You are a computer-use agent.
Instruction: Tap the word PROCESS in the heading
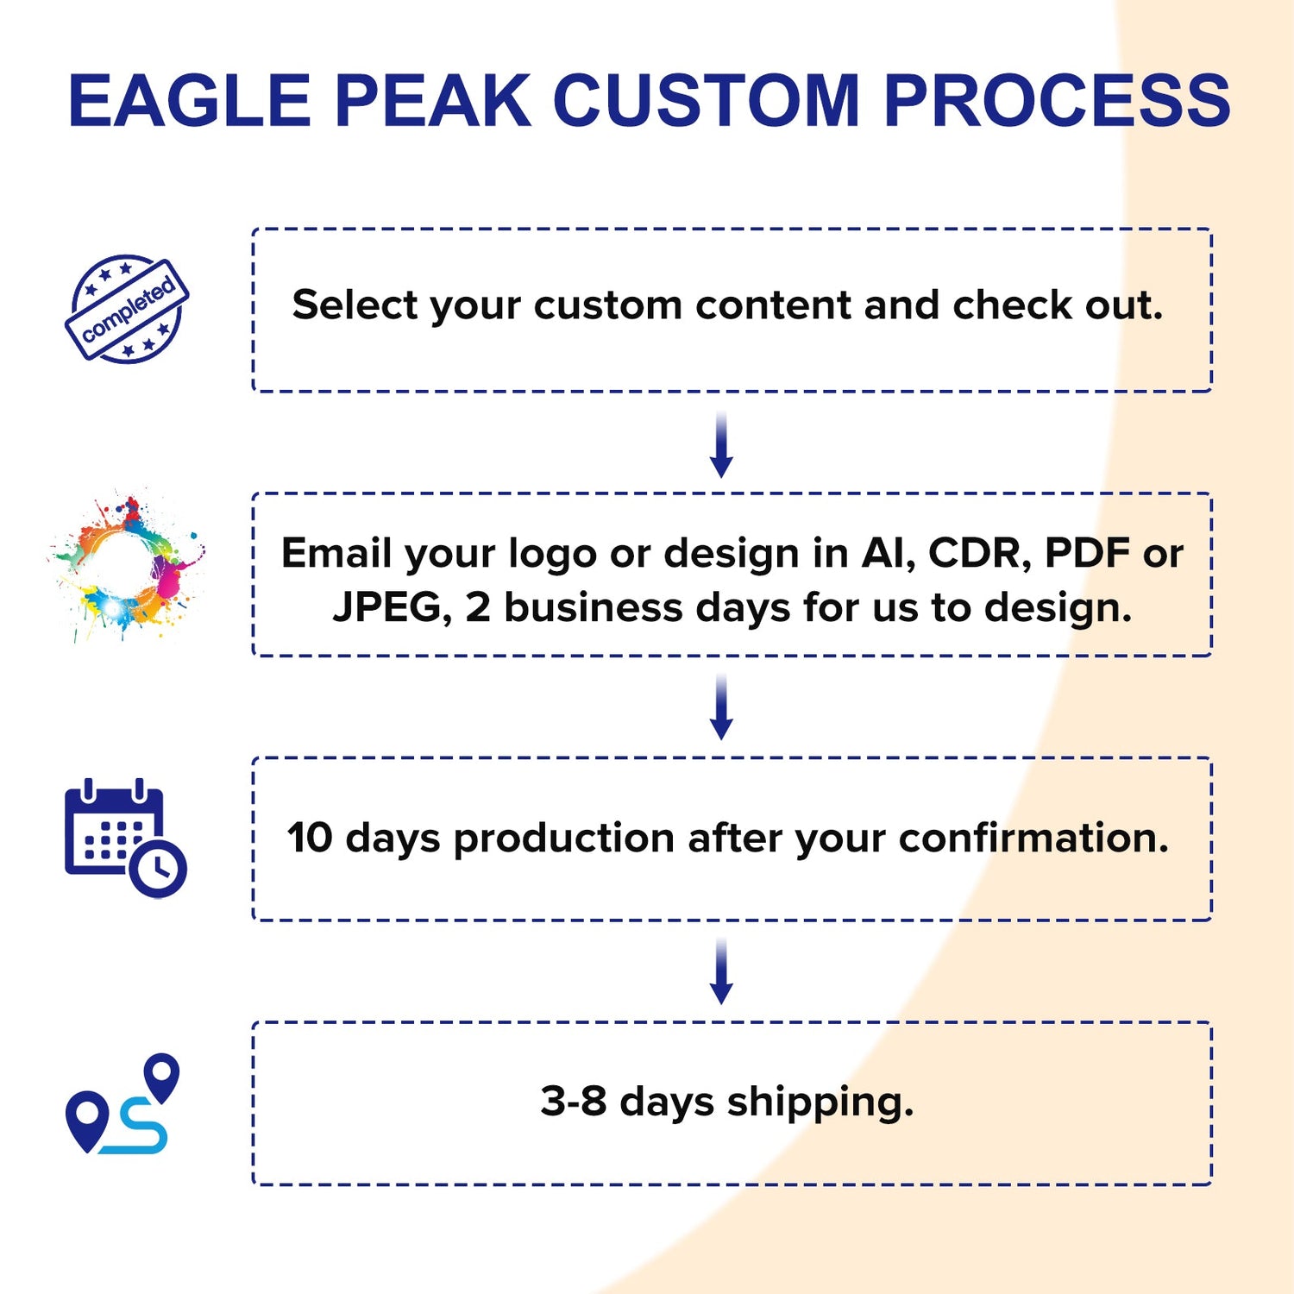coord(1057,101)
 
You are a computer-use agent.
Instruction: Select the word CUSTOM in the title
coord(706,101)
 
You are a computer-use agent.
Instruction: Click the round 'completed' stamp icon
coord(127,309)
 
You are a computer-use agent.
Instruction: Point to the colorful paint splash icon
coord(126,565)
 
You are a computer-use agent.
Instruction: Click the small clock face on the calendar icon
coord(158,868)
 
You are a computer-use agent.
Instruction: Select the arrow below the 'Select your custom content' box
coord(721,444)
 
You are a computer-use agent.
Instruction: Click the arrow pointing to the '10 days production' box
coord(721,707)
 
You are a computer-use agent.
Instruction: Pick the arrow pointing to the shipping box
coord(721,971)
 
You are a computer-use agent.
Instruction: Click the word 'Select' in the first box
coord(354,305)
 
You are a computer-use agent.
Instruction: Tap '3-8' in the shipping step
coord(573,1102)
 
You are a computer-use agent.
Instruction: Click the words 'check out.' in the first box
coord(1058,305)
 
